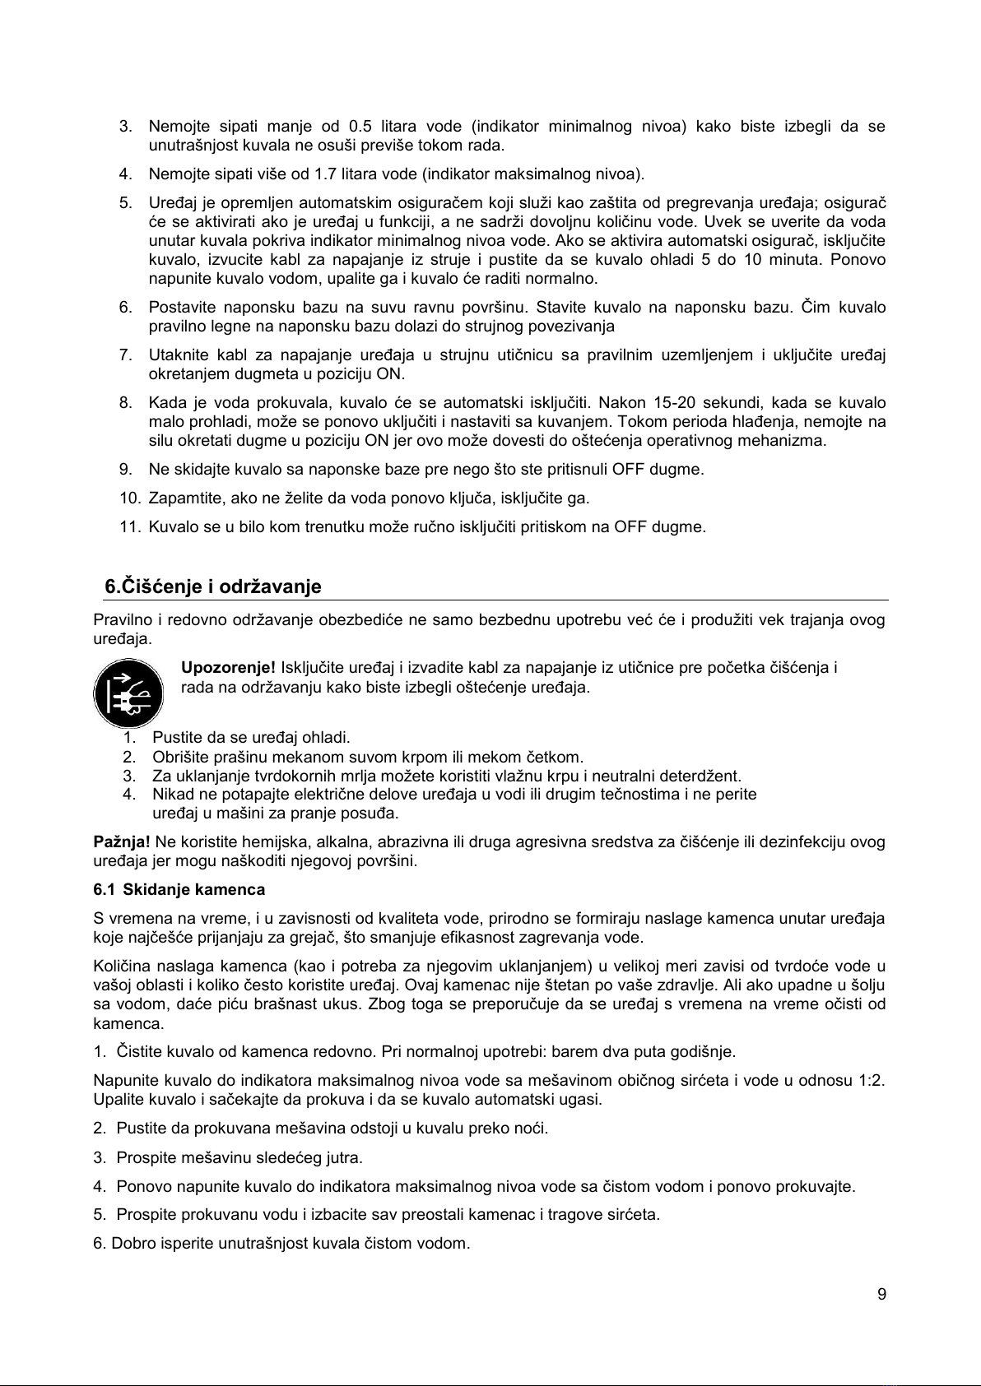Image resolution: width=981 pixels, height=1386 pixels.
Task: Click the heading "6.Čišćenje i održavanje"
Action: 212,586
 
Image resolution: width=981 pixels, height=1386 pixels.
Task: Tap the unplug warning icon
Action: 123,693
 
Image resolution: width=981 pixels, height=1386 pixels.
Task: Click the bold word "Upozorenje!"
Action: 228,667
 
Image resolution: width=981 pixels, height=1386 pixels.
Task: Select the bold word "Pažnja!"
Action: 121,841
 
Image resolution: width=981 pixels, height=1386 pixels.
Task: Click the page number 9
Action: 881,1295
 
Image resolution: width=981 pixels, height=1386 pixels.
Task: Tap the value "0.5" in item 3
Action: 360,127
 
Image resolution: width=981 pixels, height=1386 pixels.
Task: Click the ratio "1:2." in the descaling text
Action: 870,1080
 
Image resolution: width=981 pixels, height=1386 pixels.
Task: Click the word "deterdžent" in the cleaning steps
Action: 707,776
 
